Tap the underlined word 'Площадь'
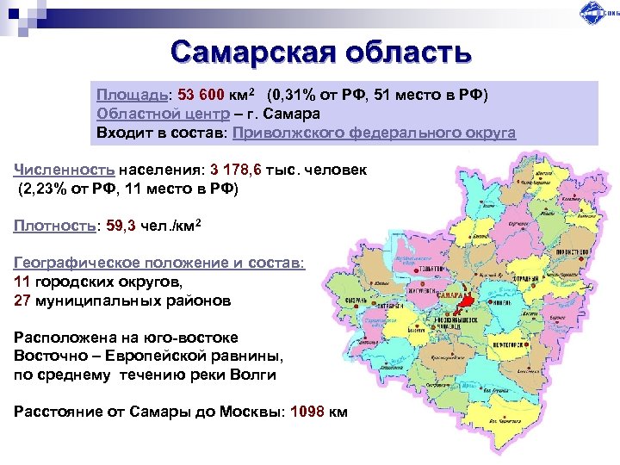(x=130, y=94)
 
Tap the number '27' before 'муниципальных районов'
(x=24, y=301)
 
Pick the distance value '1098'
(x=307, y=411)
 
